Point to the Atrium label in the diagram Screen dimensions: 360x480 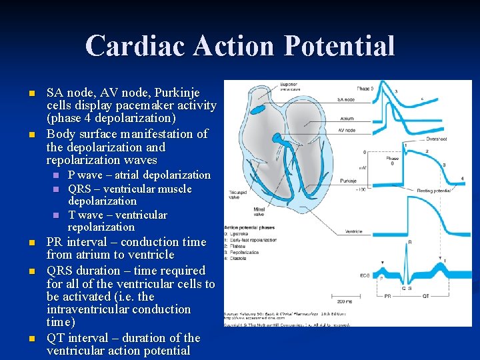pos(346,119)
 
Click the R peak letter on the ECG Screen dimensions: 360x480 pos(409,242)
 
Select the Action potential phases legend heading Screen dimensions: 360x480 pos(249,228)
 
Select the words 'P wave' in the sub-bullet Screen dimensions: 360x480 pos(85,175)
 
